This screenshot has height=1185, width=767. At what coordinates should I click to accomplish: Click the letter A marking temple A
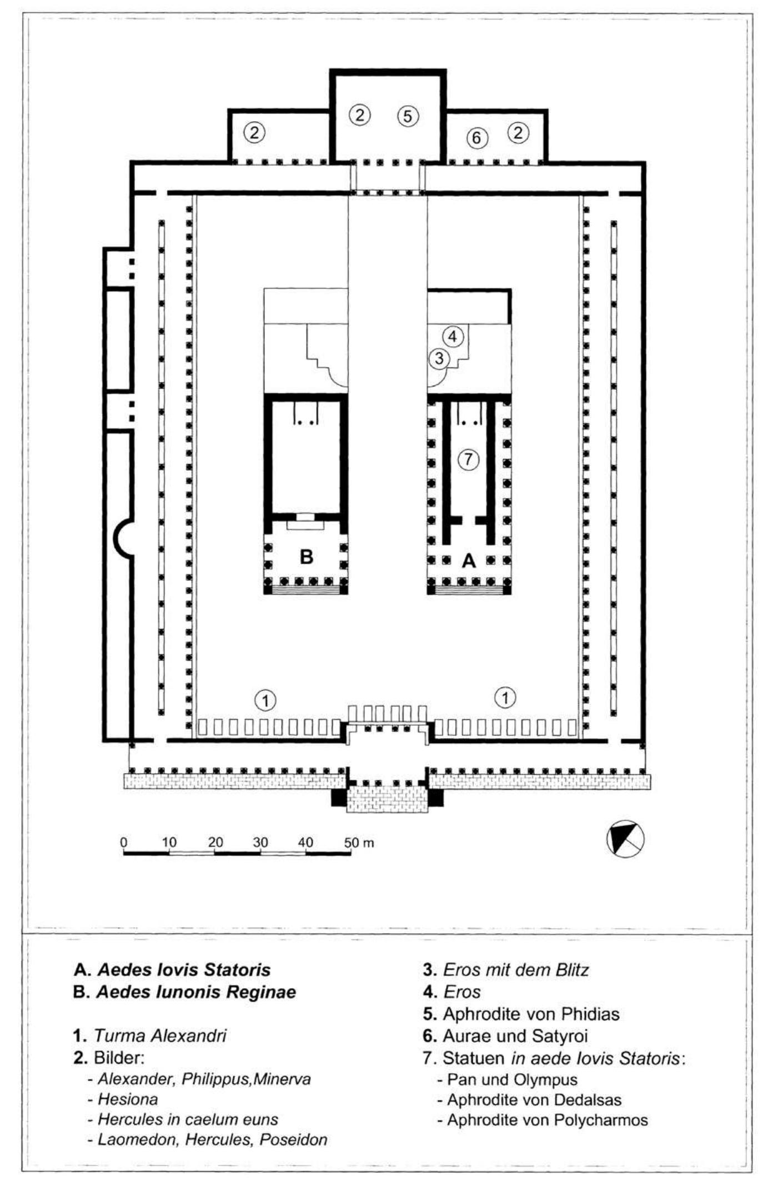469,561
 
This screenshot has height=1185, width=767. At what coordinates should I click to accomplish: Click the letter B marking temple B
306,556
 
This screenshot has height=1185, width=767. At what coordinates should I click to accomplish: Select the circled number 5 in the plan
408,116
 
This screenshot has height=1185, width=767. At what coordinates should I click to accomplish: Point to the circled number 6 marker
477,137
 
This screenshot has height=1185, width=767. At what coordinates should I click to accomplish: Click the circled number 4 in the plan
453,336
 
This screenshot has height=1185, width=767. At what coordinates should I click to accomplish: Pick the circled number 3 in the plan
439,358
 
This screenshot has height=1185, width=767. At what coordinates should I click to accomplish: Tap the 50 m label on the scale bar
359,843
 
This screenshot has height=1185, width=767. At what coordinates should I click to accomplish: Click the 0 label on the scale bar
123,843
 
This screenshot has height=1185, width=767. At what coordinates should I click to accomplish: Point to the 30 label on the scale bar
260,843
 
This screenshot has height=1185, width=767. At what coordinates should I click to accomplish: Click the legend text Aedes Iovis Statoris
184,970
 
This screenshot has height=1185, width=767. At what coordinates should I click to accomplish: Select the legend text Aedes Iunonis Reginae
196,992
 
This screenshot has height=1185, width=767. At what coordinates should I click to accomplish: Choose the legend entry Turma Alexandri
160,1036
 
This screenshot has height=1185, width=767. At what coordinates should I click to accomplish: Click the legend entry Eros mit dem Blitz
515,970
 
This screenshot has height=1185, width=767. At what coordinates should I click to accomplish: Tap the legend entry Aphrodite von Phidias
531,1014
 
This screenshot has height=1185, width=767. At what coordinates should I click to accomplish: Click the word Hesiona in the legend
128,1099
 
